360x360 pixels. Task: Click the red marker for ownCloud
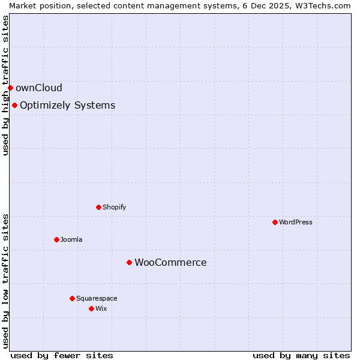10,88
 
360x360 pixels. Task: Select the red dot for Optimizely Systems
14,106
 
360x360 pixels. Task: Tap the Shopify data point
98,207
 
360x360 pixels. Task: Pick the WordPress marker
275,222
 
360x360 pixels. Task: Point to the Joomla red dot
56,239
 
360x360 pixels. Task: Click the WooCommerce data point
129,262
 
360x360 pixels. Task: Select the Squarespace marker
72,298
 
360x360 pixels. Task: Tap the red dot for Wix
91,308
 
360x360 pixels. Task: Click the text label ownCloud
39,88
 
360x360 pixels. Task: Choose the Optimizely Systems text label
67,106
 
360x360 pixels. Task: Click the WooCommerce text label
170,262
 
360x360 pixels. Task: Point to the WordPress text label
296,222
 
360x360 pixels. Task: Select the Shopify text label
114,207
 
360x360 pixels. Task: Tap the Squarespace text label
97,298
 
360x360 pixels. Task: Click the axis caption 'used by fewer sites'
62,355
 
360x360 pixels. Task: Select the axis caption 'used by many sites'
301,355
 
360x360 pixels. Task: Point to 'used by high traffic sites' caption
5,85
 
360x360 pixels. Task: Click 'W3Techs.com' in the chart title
323,5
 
